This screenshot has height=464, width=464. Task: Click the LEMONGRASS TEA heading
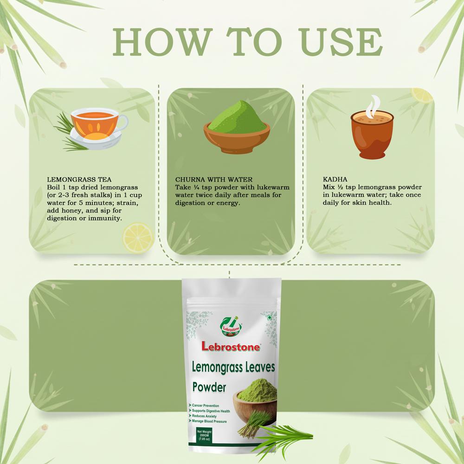pos(79,179)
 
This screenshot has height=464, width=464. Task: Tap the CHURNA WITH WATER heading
pos(213,179)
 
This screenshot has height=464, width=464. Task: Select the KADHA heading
pos(335,179)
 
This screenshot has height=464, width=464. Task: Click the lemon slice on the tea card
pos(137,237)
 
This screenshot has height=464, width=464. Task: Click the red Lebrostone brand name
pos(231,346)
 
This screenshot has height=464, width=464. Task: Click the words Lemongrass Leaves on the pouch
pos(233,367)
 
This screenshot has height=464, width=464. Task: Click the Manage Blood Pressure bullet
pos(211,422)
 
